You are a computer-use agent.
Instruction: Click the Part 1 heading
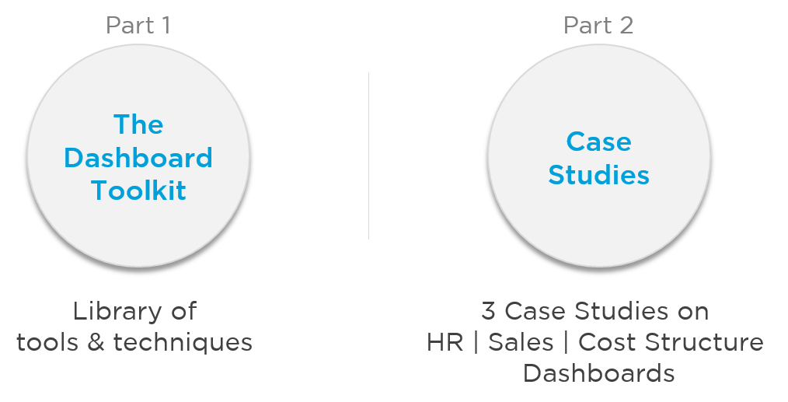138,25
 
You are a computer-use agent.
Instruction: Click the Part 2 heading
598,25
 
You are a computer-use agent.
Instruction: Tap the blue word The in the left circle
138,124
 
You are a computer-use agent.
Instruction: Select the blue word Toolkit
138,191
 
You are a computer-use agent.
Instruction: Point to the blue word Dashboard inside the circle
138,158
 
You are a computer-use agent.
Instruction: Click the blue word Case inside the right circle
598,142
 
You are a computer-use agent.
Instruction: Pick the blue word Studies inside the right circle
598,175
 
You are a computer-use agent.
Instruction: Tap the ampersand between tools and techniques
96,342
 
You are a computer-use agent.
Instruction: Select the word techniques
183,343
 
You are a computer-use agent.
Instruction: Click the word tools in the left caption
47,343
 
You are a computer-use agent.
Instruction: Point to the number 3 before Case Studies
488,311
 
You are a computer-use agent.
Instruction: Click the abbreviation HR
445,342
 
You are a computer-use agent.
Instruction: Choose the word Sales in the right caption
521,342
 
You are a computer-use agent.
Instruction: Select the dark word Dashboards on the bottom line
598,373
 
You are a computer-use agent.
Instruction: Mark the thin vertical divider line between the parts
369,156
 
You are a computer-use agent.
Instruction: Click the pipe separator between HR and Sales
476,343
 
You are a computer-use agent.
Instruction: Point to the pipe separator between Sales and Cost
566,343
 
